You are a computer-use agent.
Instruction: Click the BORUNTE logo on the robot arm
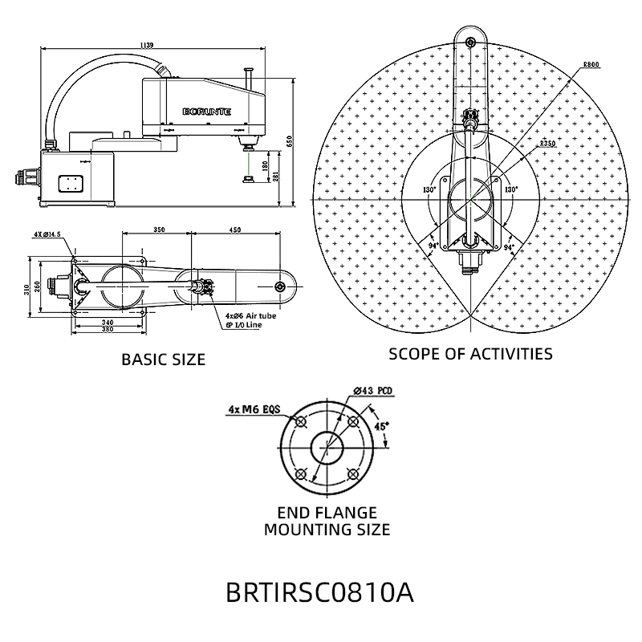pos(207,112)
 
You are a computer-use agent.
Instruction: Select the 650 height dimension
pos(289,141)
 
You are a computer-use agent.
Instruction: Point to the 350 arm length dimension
pos(159,230)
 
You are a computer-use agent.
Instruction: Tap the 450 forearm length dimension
pos(235,230)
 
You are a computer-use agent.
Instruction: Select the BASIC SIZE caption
pos(163,360)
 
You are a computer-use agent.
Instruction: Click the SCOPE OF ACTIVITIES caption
pos(470,353)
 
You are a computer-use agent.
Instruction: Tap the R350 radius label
pos(548,143)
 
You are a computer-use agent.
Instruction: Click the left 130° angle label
pos(429,190)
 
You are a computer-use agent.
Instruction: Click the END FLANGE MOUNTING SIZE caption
pos(327,521)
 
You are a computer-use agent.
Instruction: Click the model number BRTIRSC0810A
pos(319,592)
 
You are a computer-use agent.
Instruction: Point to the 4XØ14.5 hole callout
pos(47,234)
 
